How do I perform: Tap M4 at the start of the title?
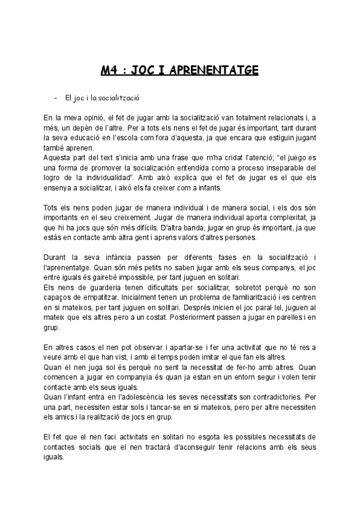pyautogui.click(x=110, y=70)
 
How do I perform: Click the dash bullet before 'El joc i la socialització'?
pyautogui.click(x=55, y=97)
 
